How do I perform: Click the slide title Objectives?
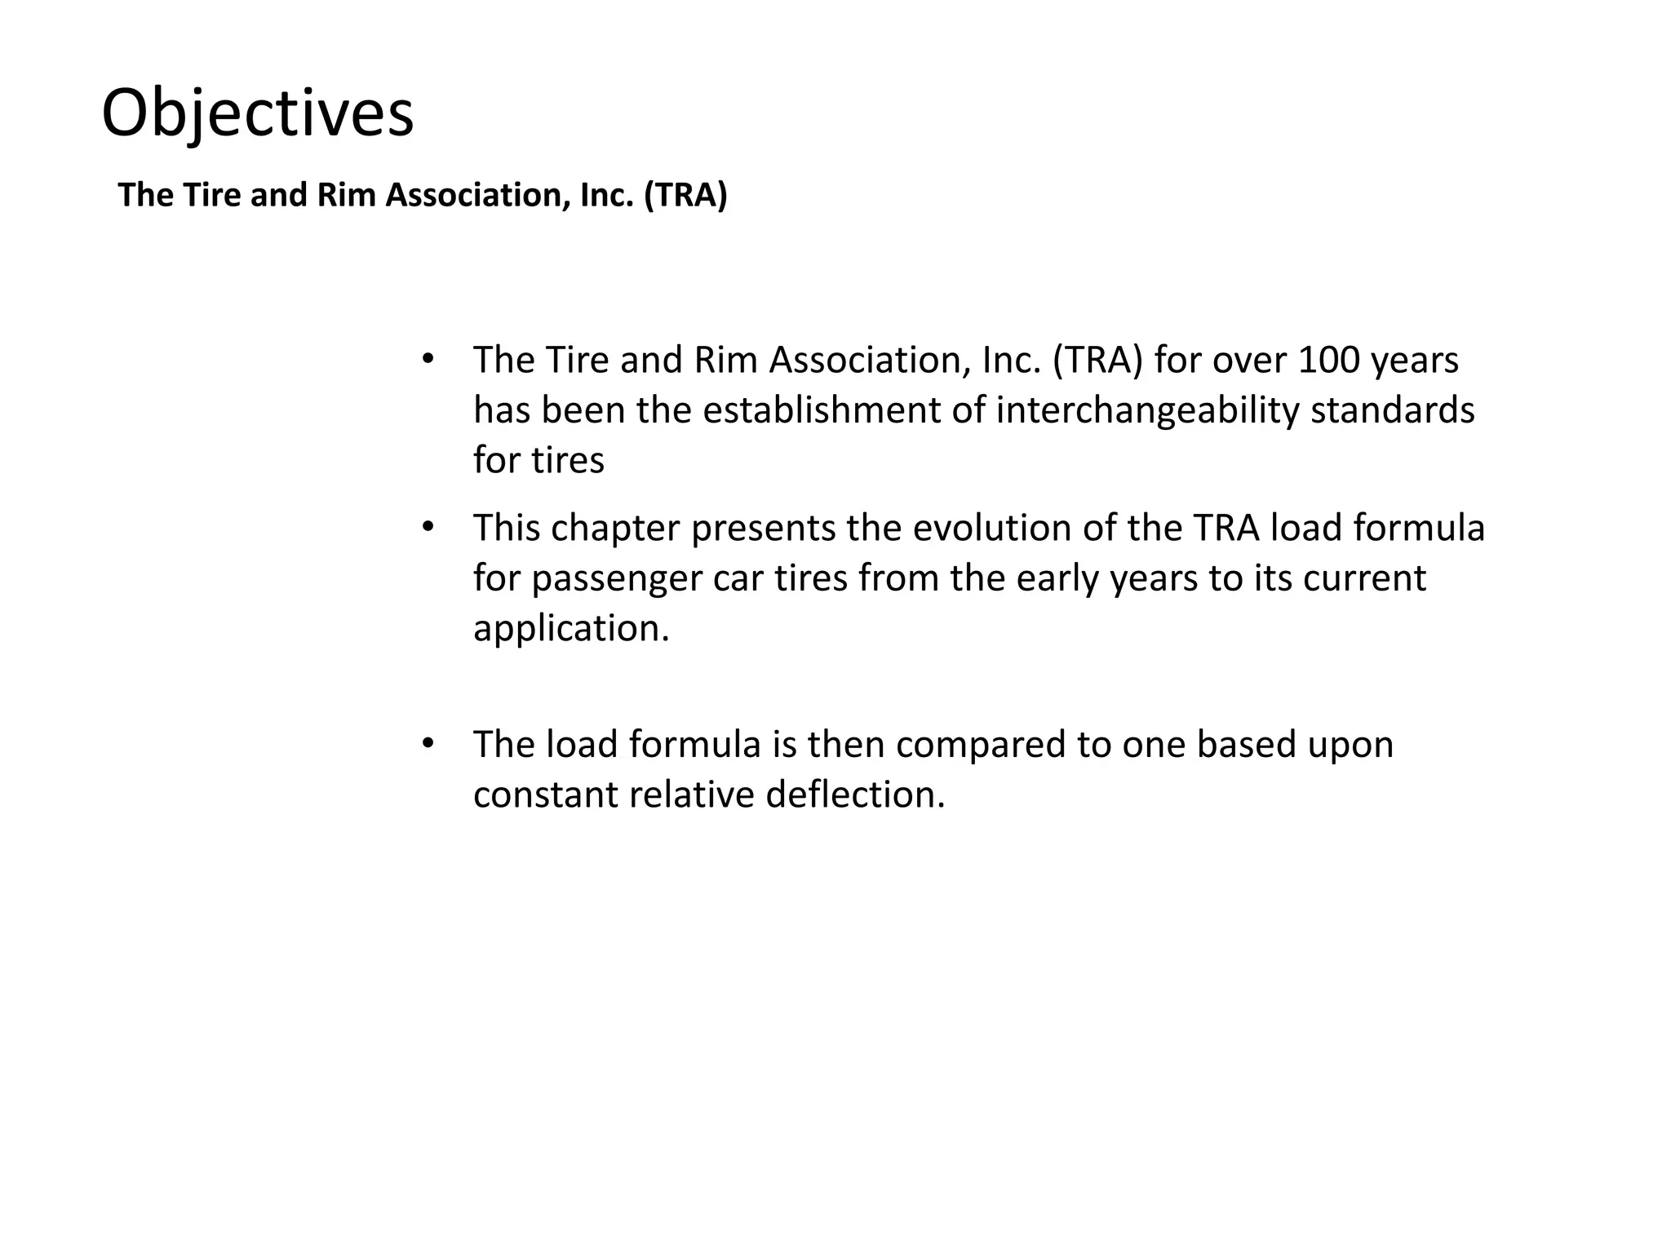[258, 113]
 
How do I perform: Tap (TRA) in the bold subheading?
[685, 196]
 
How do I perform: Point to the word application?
[570, 629]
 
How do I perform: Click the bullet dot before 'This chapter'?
[428, 528]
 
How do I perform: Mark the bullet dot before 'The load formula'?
[428, 744]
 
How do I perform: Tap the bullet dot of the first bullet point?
[428, 360]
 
